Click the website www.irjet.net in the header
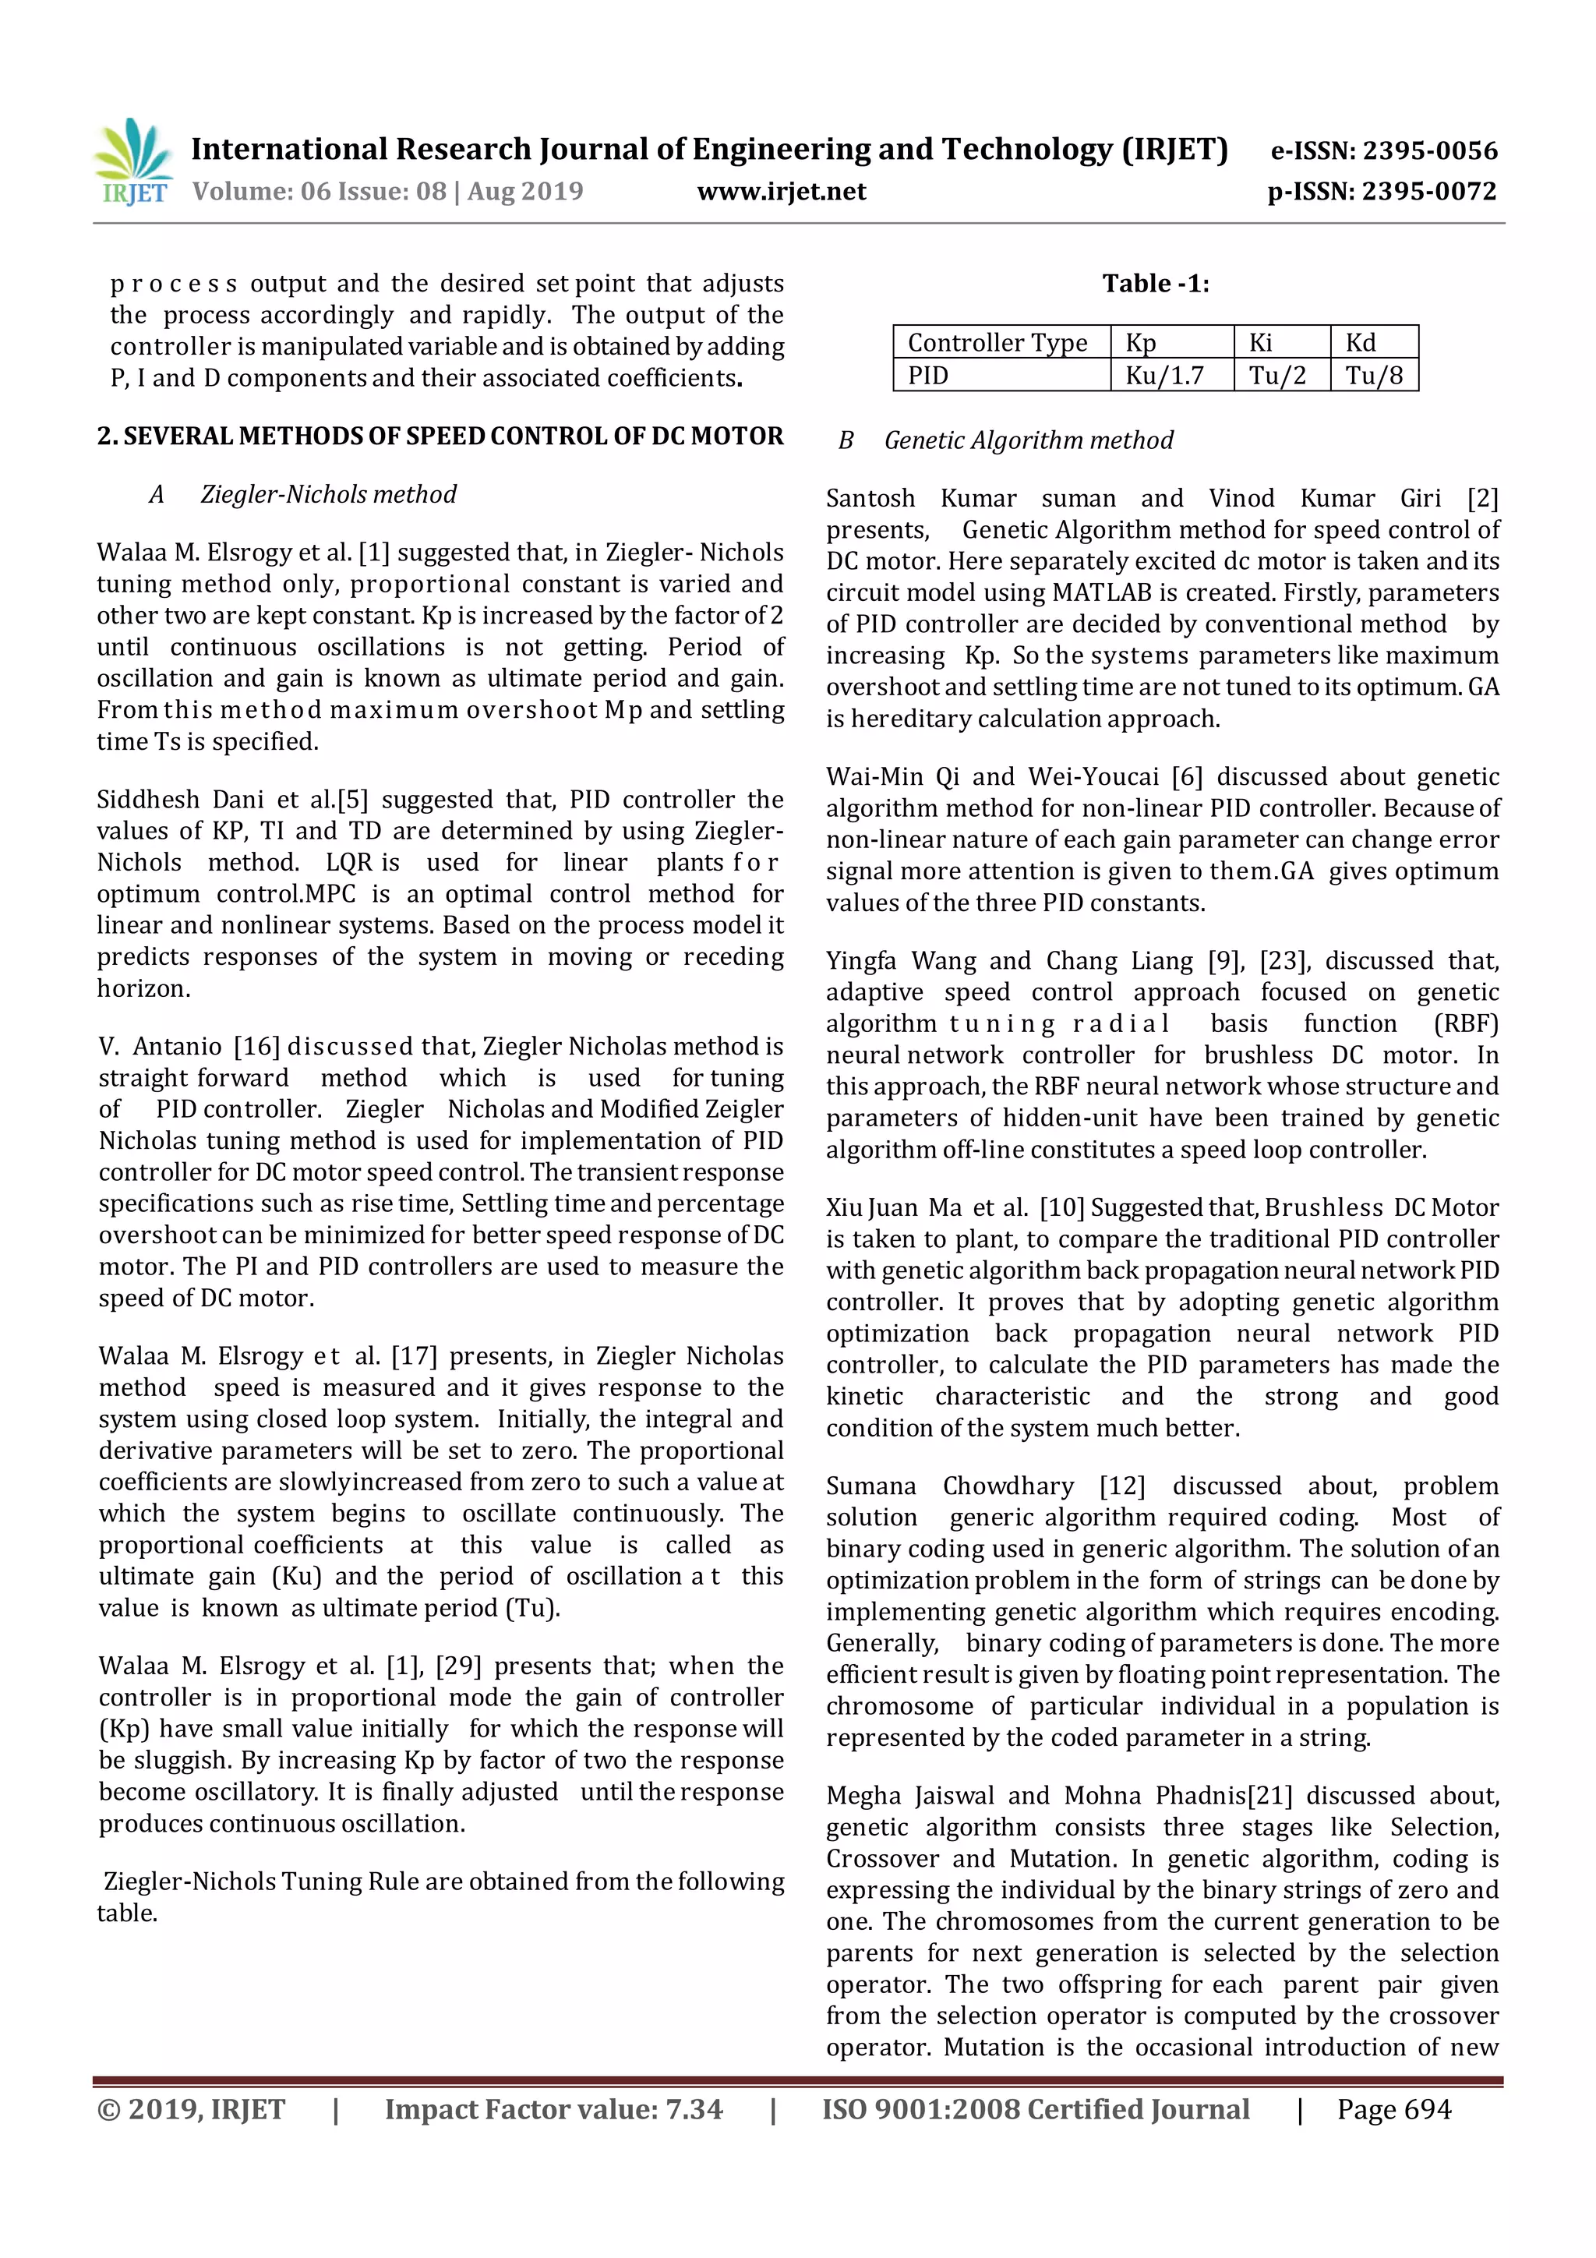[x=781, y=191]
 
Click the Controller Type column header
[x=997, y=342]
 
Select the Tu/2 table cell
[x=1277, y=375]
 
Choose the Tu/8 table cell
[x=1374, y=375]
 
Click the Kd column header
[x=1361, y=342]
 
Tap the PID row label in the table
[x=927, y=375]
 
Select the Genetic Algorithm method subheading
[x=1028, y=440]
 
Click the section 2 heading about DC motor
[x=440, y=436]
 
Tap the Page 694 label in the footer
[x=1393, y=2108]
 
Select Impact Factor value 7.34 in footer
[x=553, y=2108]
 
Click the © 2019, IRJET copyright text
[x=191, y=2108]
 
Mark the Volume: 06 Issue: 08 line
[x=387, y=191]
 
